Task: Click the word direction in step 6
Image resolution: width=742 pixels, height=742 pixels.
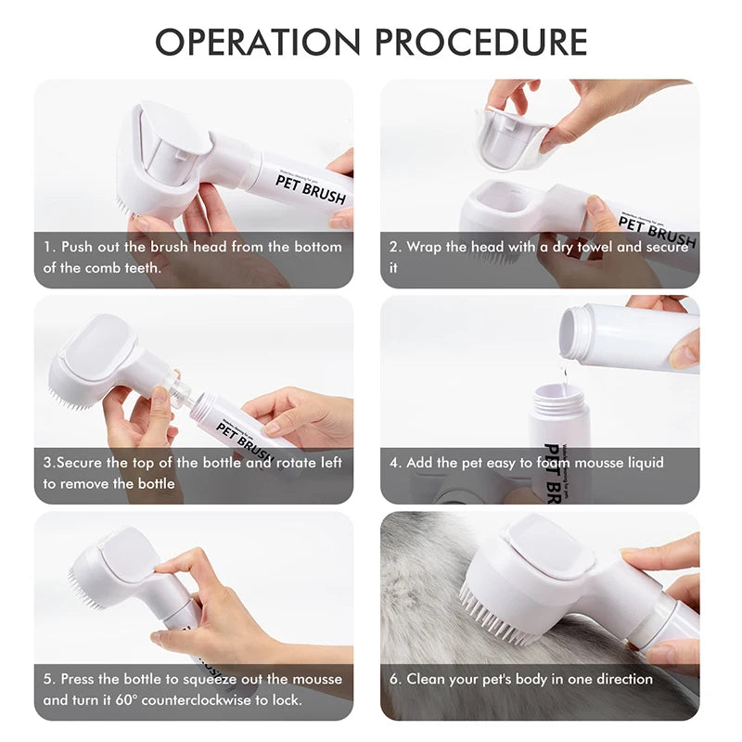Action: point(620,679)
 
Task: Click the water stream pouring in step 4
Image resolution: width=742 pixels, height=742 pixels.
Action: point(564,373)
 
